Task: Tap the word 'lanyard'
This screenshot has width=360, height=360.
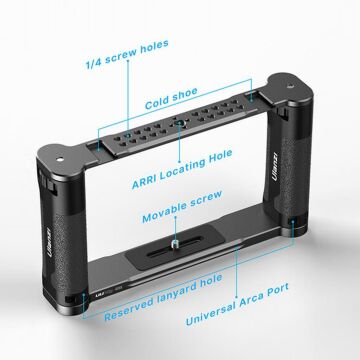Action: [x=141, y=309]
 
